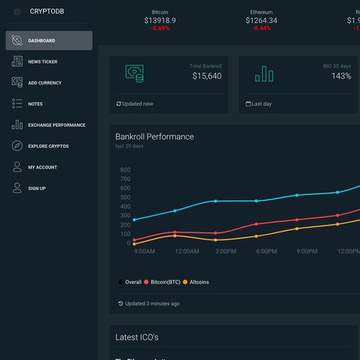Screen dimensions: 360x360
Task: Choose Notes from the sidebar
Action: click(35, 104)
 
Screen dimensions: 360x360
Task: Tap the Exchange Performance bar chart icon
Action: click(17, 125)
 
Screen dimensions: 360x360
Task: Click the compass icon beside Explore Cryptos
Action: click(17, 146)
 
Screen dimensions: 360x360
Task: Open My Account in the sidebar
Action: click(42, 167)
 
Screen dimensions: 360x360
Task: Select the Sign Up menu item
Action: click(37, 189)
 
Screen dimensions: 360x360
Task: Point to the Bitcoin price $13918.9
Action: click(160, 21)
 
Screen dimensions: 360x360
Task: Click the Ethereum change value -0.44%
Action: click(261, 29)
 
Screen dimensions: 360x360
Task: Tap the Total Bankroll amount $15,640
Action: click(207, 76)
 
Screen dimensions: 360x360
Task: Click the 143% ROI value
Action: click(341, 76)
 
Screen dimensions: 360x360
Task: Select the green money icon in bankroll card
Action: click(134, 73)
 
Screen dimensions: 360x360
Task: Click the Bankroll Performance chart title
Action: click(154, 137)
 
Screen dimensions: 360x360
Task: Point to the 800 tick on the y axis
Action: click(125, 170)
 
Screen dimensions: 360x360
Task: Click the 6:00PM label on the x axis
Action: click(266, 251)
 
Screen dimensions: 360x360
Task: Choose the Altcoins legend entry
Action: click(195, 282)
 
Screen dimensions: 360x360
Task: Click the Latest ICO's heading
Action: click(137, 337)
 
